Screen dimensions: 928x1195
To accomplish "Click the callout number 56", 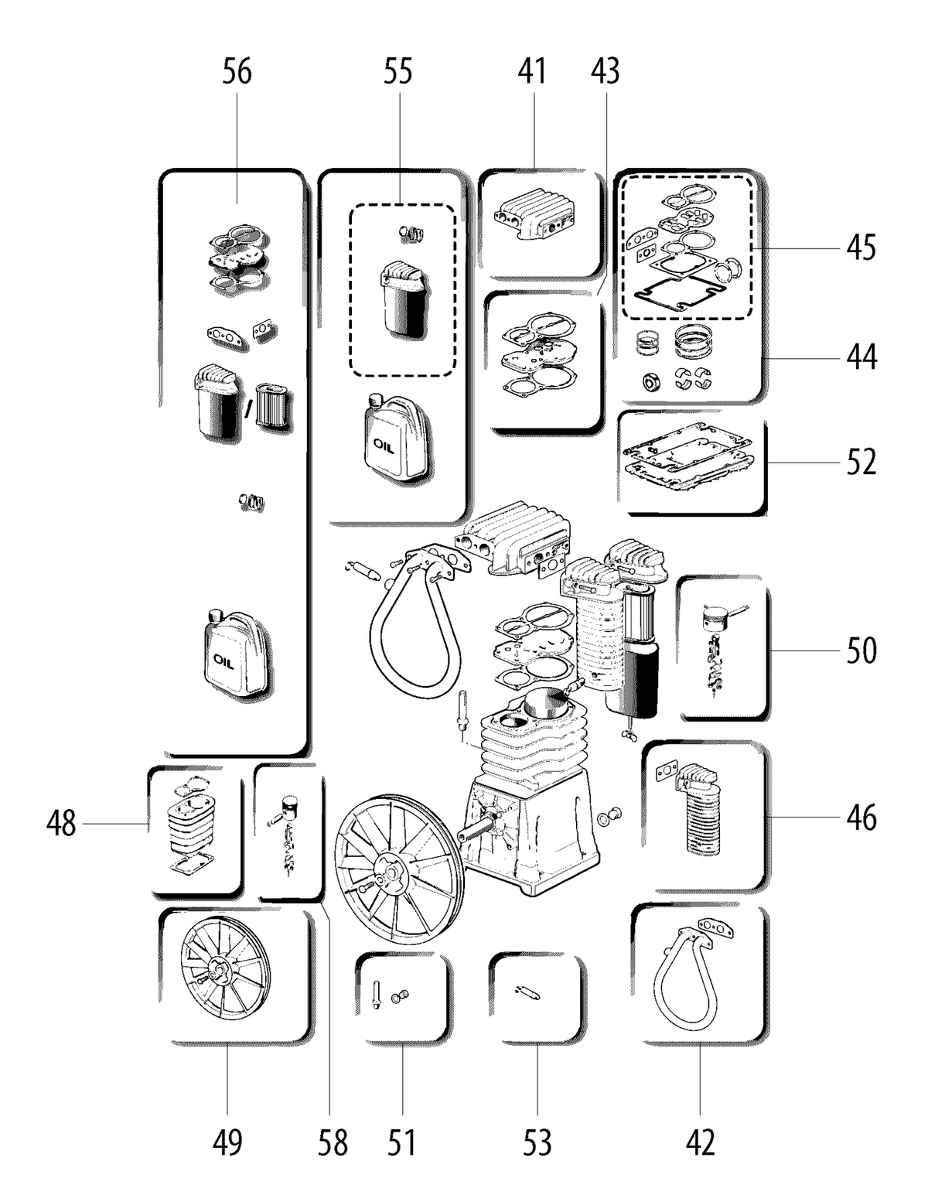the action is pos(237,72).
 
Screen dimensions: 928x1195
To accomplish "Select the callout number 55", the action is pos(397,72).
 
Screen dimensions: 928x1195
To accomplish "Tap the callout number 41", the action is pos(531,72).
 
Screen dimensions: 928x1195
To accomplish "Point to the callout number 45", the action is pos(861,248).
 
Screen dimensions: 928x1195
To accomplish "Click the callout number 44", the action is pos(861,357).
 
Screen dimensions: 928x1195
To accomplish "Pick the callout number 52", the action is pos(861,463).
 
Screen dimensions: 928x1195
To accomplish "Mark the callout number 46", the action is pos(861,818).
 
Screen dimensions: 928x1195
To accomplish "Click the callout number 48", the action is pos(61,823).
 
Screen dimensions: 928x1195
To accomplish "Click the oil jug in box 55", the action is pos(396,438).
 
